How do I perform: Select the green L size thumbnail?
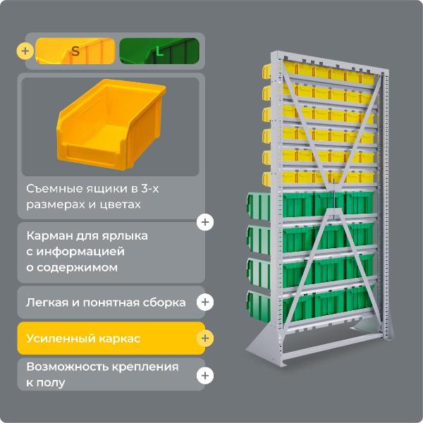point(159,51)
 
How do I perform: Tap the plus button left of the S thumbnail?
point(26,51)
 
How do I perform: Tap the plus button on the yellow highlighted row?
point(205,338)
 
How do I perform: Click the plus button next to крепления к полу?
point(205,376)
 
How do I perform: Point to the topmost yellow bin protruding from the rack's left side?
point(267,70)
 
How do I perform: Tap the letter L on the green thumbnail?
point(159,51)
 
